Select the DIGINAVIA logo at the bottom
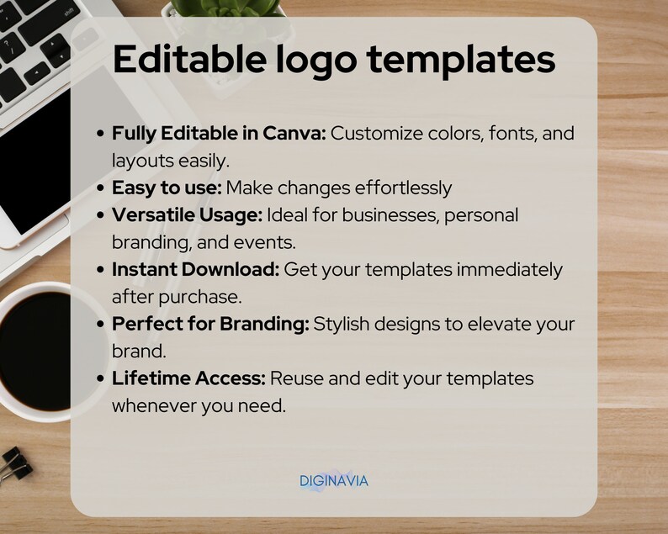(x=334, y=481)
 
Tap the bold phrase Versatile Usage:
(x=187, y=214)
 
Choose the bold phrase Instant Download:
(x=196, y=269)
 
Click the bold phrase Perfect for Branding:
(x=210, y=324)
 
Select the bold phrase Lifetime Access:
(x=188, y=378)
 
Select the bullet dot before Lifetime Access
(x=102, y=378)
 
